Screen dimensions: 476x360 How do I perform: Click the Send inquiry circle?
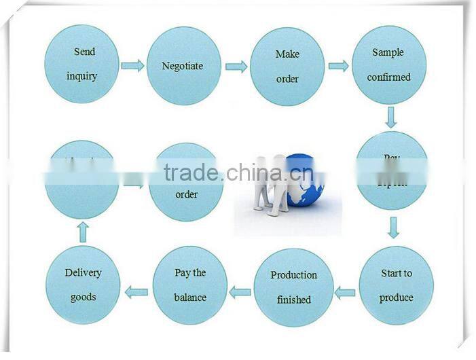tap(81, 64)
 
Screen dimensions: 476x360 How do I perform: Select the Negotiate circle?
tap(183, 66)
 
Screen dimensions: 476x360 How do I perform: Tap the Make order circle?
tap(287, 67)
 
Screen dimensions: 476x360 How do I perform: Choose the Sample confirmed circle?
tap(389, 65)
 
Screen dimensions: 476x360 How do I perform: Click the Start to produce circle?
tap(396, 285)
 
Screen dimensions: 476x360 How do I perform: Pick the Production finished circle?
tap(293, 287)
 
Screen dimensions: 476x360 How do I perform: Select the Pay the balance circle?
tap(190, 285)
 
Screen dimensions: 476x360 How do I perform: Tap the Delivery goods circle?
tap(83, 285)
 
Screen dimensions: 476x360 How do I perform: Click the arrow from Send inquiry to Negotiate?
tap(132, 66)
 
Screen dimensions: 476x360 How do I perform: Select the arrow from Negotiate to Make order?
tap(236, 67)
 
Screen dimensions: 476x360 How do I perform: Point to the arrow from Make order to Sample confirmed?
tap(338, 66)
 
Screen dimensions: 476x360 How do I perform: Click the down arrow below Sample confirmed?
tap(390, 118)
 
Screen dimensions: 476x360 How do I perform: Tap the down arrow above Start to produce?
tap(393, 228)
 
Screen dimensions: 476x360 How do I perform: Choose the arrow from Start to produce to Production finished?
tap(345, 293)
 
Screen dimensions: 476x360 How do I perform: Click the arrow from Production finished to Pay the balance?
tap(240, 293)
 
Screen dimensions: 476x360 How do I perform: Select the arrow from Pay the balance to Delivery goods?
tap(136, 293)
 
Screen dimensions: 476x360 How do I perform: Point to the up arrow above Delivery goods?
tap(83, 233)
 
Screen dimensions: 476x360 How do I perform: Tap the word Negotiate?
tap(182, 66)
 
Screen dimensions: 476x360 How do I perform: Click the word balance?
tap(189, 298)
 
